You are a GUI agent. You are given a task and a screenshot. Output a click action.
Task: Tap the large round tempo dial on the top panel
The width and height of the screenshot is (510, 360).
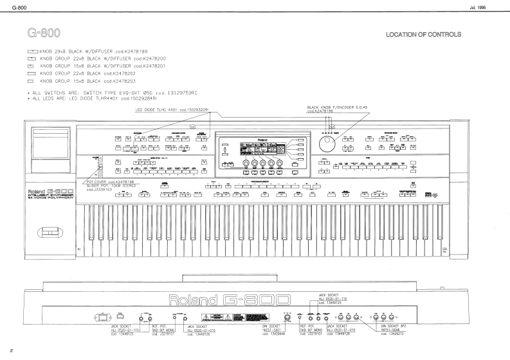tap(330, 143)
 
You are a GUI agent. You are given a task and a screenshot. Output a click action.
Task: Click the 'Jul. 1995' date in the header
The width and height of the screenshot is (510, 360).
tap(490, 6)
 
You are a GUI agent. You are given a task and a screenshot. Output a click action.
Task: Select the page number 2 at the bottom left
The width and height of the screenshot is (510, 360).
tap(12, 350)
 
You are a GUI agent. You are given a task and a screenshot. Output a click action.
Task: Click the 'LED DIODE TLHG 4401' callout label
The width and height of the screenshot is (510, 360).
tap(173, 109)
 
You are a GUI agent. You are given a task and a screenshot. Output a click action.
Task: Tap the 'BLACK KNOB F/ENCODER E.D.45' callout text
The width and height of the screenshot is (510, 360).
tap(337, 107)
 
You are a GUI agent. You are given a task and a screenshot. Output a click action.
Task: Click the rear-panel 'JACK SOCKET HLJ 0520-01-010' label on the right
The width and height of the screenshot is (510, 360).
tap(346, 329)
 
